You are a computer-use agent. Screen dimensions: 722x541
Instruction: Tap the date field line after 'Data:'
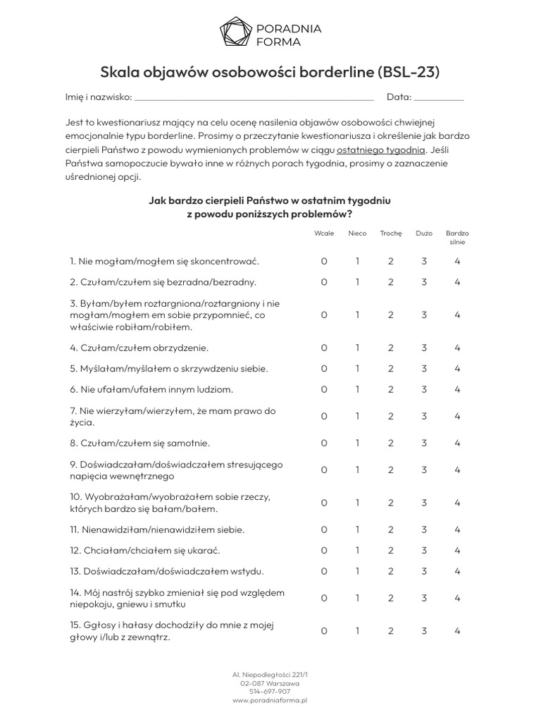tap(439, 99)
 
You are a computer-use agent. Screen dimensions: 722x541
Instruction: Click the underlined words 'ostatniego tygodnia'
tap(381, 149)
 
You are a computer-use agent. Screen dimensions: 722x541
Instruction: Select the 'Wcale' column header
tap(324, 233)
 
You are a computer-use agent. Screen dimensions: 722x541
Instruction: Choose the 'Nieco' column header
tap(357, 233)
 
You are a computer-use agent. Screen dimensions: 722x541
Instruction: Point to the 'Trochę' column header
tap(390, 233)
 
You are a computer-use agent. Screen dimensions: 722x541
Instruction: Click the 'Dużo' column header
tap(424, 233)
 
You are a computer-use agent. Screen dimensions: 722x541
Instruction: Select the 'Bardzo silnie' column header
tap(457, 238)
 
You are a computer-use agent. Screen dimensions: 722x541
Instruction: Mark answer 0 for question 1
tap(324, 261)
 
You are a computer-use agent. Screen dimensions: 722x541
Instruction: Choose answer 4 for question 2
tap(457, 282)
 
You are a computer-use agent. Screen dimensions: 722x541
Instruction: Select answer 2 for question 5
tap(390, 368)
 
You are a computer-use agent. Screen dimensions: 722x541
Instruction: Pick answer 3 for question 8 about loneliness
tap(424, 443)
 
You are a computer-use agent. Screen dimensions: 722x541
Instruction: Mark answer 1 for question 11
tap(357, 530)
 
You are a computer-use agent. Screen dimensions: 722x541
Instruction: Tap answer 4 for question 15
tap(457, 631)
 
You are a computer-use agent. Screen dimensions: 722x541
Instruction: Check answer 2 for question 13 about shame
tap(390, 571)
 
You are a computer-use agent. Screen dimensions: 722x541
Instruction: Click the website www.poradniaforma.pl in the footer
tap(270, 701)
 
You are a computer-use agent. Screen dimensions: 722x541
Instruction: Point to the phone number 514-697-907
tap(270, 692)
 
